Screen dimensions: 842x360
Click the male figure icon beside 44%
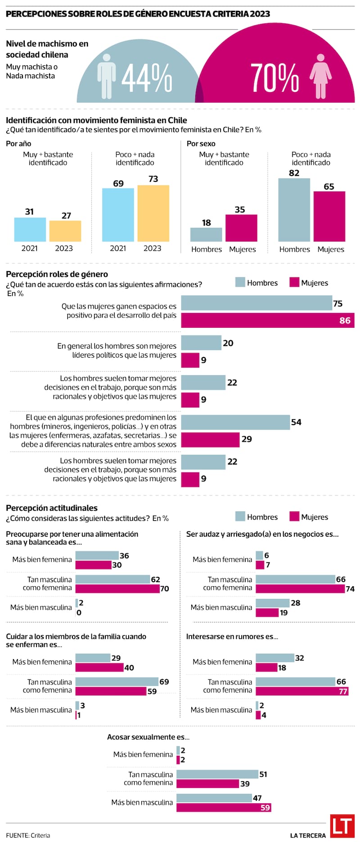pyautogui.click(x=107, y=77)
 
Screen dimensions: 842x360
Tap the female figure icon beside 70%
pyautogui.click(x=320, y=77)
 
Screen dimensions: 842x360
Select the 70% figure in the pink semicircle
pyautogui.click(x=274, y=77)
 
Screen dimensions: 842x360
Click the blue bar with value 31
pyautogui.click(x=30, y=230)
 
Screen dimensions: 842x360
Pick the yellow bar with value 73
pyautogui.click(x=153, y=213)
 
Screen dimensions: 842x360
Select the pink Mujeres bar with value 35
pyautogui.click(x=241, y=228)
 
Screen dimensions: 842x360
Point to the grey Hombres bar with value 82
pyautogui.click(x=294, y=210)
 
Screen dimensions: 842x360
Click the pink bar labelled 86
pyautogui.click(x=268, y=321)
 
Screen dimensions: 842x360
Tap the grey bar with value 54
pyautogui.click(x=235, y=422)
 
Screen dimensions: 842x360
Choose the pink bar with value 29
pyautogui.click(x=210, y=439)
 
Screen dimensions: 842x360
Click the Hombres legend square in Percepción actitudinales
pyautogui.click(x=240, y=516)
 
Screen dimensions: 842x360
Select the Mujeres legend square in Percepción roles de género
pyautogui.click(x=294, y=282)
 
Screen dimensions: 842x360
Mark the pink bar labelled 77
pyautogui.click(x=302, y=691)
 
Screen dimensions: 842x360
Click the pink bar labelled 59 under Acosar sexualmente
pyautogui.click(x=224, y=807)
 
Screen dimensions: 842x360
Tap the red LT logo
pyautogui.click(x=342, y=826)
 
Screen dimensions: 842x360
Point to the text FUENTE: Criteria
pyautogui.click(x=28, y=835)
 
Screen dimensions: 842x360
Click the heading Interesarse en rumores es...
pyautogui.click(x=232, y=636)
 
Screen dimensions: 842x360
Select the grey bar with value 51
pyautogui.click(x=217, y=774)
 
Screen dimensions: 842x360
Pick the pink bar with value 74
pyautogui.click(x=300, y=588)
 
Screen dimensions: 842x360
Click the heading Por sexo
pyautogui.click(x=201, y=144)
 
